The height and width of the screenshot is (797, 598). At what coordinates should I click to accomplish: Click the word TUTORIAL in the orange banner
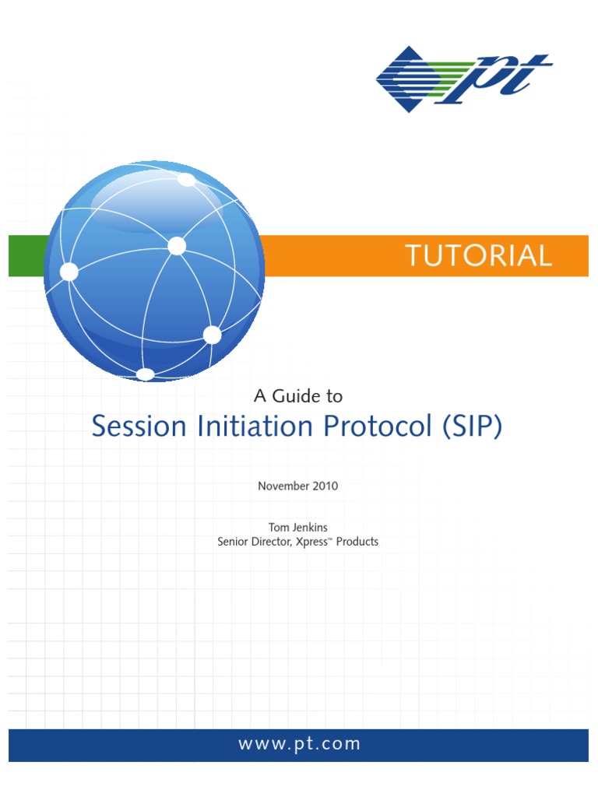(x=478, y=256)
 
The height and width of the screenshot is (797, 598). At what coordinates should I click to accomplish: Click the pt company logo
(x=464, y=79)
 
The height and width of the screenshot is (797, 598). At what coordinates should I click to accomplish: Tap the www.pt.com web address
(x=300, y=743)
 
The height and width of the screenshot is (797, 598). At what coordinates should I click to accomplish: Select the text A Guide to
(x=298, y=396)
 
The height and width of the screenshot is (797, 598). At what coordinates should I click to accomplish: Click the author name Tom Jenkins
(x=298, y=527)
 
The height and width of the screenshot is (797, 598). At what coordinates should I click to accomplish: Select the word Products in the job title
(x=357, y=542)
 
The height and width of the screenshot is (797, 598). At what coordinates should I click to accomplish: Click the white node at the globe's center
(x=177, y=247)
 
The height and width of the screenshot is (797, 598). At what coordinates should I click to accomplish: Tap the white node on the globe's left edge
(x=69, y=272)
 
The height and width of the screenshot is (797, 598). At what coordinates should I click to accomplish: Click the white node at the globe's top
(x=186, y=181)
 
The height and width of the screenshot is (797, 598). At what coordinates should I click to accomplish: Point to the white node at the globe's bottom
(x=146, y=375)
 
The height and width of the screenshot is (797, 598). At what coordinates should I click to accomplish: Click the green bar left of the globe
(x=26, y=256)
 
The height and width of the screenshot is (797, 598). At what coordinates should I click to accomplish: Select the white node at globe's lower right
(x=212, y=335)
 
